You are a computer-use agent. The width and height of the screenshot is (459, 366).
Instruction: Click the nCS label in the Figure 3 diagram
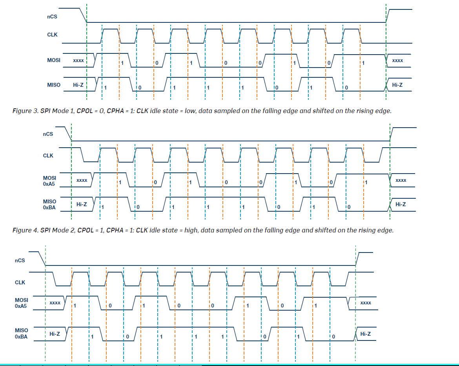[52, 17]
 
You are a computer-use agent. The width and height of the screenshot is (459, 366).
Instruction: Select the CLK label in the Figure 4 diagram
[48, 156]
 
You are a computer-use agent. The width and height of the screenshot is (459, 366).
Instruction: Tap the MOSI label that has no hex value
[54, 60]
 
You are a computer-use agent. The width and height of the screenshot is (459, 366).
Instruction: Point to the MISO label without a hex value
[54, 85]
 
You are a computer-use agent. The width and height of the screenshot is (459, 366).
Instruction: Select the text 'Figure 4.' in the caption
[25, 231]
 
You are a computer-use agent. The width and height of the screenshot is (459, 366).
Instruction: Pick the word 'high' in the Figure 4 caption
[191, 231]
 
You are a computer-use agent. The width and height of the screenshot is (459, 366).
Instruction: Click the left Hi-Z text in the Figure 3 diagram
[78, 85]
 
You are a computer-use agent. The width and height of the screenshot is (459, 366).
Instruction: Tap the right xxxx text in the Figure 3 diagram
[397, 60]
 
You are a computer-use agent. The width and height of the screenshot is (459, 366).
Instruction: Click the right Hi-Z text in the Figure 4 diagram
[401, 204]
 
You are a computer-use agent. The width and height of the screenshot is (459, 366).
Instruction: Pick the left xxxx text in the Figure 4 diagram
[82, 180]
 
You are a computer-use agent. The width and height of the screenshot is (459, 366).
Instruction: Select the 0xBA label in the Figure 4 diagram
[49, 207]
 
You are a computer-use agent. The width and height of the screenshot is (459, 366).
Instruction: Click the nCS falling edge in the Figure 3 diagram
[83, 15]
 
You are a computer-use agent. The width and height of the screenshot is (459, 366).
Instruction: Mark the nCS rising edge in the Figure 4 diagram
[392, 134]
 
